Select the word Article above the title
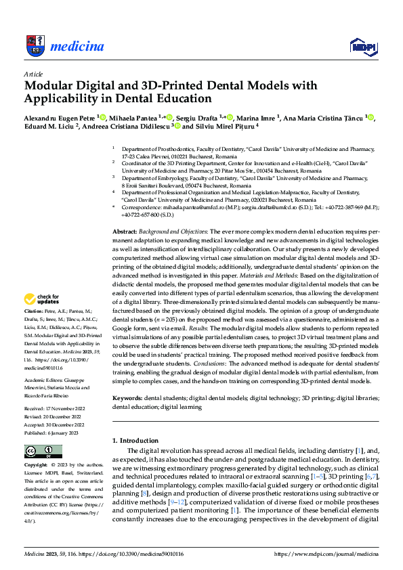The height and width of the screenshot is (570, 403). coord(33,74)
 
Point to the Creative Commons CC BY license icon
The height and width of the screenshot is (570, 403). coord(43,451)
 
